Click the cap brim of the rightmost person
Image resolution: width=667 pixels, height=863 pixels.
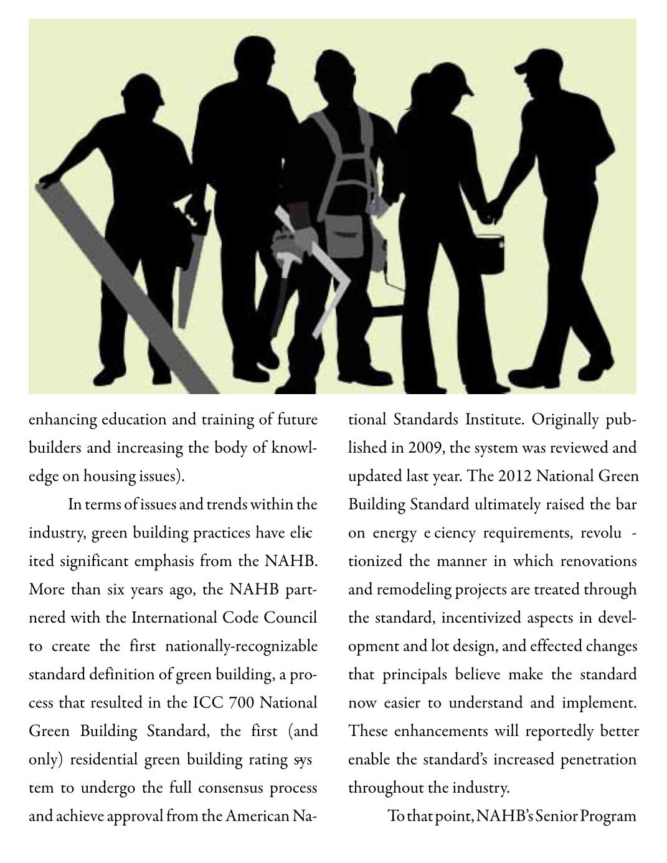click(519, 67)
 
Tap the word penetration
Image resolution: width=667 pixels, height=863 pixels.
click(598, 760)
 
